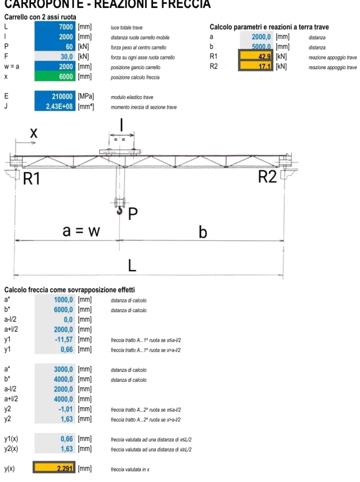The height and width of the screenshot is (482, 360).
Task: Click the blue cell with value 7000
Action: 55,27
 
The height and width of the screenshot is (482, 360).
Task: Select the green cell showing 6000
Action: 55,76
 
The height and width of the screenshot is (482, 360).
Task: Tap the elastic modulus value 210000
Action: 55,96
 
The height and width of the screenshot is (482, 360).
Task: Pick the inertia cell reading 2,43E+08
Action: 55,106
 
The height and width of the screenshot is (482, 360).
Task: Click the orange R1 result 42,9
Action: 255,57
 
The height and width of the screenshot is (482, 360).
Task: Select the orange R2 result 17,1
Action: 255,67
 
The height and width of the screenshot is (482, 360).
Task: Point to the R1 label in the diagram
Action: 31,179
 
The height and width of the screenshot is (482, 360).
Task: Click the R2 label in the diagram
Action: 268,177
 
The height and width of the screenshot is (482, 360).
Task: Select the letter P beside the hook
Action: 133,214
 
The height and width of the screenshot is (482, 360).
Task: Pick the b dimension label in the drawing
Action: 203,232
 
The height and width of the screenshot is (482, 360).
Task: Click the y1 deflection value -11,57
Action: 55,340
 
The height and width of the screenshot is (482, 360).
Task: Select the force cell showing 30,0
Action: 55,56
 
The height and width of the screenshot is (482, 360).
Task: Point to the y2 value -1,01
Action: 55,408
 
